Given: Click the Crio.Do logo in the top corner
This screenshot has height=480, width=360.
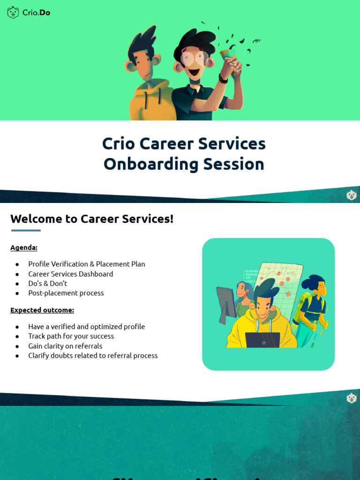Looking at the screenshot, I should tap(29, 13).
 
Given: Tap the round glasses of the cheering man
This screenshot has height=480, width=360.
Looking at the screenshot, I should tap(194, 58).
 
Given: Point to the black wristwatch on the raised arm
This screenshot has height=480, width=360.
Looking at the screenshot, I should tap(223, 79).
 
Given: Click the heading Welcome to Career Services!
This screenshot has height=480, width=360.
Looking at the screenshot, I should tap(92, 219).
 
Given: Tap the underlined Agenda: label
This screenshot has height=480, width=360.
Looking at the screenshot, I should tap(24, 247).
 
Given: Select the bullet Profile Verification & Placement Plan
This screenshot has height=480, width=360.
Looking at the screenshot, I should tap(86, 264).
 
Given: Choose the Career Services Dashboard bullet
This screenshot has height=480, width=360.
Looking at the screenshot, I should tap(70, 274).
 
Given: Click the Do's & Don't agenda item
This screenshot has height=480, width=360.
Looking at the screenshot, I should tap(47, 284).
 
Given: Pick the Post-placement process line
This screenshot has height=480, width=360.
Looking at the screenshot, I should tap(66, 293).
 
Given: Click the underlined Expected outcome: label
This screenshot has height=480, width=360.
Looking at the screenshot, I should tap(42, 310).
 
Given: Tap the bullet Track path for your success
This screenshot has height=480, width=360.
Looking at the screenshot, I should tap(71, 336).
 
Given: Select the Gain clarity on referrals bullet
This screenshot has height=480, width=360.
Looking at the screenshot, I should tap(65, 346).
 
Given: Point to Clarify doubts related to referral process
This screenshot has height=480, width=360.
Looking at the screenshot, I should tap(93, 356).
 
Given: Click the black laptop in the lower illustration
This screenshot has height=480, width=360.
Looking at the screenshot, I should tap(262, 340).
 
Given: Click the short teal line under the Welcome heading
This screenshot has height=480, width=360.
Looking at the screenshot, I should tap(26, 231).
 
